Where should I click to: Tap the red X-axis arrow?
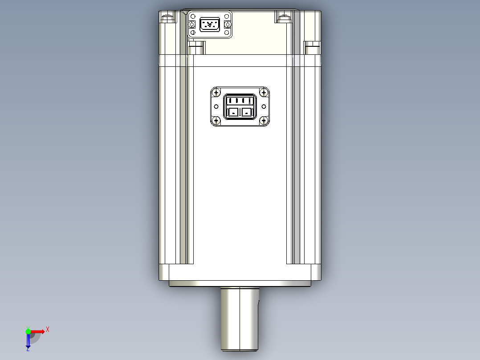pyautogui.click(x=38, y=331)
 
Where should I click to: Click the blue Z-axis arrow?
pyautogui.click(x=28, y=341)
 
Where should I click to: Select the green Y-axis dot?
pyautogui.click(x=28, y=331)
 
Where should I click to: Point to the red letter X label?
pyautogui.click(x=48, y=330)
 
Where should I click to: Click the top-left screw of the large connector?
pyautogui.click(x=216, y=93)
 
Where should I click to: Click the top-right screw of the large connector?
pyautogui.click(x=264, y=93)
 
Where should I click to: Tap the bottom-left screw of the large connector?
pyautogui.click(x=216, y=120)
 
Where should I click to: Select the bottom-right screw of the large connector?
pyautogui.click(x=264, y=120)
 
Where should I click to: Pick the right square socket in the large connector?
pyautogui.click(x=247, y=113)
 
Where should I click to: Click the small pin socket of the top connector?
pyautogui.click(x=210, y=24)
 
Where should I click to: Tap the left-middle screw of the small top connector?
pyautogui.click(x=193, y=24)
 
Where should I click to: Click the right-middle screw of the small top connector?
pyautogui.click(x=227, y=24)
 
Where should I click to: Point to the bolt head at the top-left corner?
pyautogui.click(x=168, y=18)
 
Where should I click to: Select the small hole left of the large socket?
pyautogui.click(x=216, y=106)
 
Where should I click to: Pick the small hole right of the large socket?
pyautogui.click(x=264, y=106)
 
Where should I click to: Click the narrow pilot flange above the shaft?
pyautogui.click(x=240, y=284)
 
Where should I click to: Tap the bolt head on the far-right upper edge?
pyautogui.click(x=312, y=45)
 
